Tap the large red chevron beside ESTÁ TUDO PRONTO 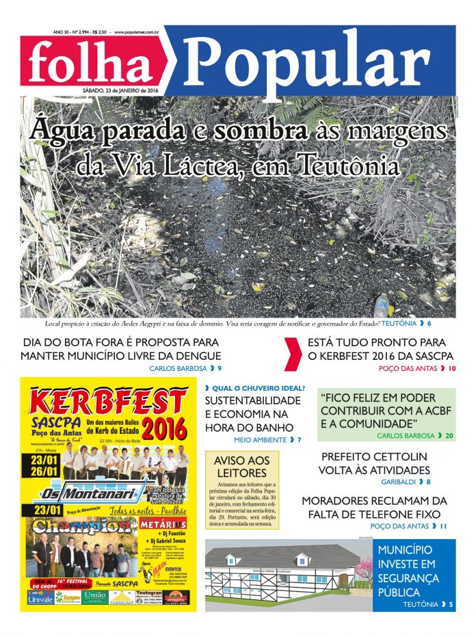tap(292, 353)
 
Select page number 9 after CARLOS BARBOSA tap(219, 368)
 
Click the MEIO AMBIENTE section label tap(260, 439)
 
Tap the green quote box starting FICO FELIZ tap(386, 415)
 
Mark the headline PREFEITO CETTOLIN tap(374, 456)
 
